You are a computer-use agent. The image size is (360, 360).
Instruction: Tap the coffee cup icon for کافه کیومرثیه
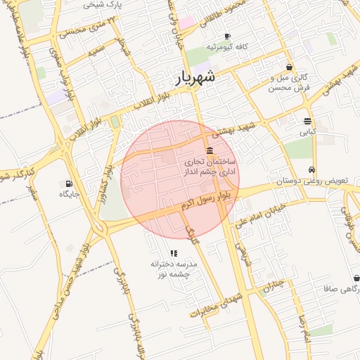[227, 36]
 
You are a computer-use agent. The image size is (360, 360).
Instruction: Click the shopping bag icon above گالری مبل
[290, 67]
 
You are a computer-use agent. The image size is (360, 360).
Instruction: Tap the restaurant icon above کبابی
[308, 121]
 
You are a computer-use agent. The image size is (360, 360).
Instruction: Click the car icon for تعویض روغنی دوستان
[311, 169]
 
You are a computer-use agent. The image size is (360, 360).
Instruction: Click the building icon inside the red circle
[210, 151]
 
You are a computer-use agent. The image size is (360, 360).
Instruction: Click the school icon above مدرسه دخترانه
[173, 253]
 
